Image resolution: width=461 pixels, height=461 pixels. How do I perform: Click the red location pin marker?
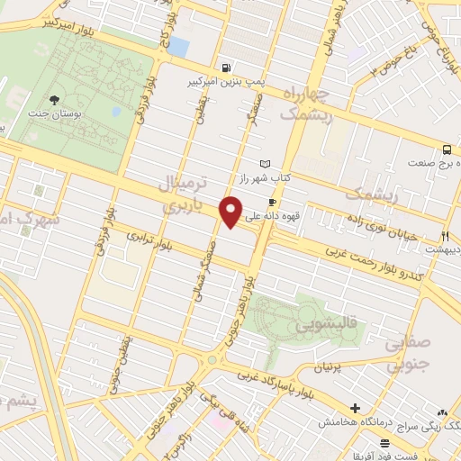(232, 211)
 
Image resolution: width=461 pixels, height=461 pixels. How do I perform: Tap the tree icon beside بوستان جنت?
(56, 100)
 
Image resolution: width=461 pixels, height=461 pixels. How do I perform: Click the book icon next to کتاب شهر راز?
(264, 164)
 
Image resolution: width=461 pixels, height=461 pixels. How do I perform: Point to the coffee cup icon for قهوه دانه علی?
(272, 203)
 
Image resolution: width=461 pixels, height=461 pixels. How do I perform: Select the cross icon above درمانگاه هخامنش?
(356, 408)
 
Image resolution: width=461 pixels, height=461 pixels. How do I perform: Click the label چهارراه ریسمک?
(307, 104)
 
